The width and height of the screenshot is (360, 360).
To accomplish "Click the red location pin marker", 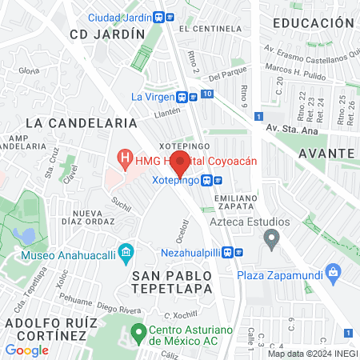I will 180,166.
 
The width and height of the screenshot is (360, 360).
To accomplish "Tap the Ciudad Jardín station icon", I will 160,17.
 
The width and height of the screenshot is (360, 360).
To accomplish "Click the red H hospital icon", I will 124,160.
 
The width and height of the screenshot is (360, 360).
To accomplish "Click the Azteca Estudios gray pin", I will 272,238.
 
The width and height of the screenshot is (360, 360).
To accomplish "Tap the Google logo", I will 26,350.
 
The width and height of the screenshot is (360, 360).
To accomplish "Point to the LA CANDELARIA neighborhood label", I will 82,123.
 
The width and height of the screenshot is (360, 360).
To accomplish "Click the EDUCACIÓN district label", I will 313,23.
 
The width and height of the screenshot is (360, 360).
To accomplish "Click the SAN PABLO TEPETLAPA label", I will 158,280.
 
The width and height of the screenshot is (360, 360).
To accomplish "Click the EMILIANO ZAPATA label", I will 235,202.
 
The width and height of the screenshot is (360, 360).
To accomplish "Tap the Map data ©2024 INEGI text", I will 311,353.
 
